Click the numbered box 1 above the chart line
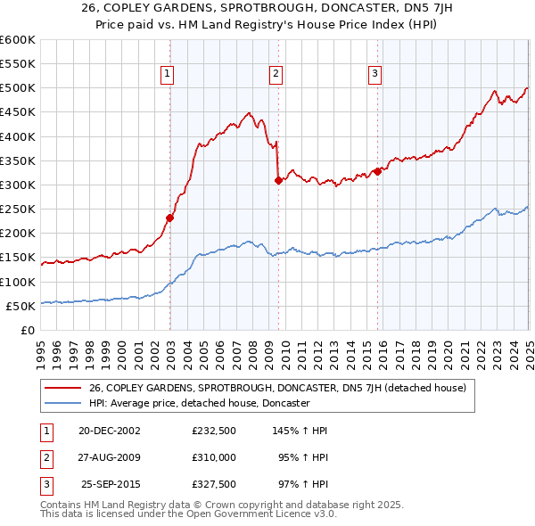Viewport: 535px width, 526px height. (x=169, y=74)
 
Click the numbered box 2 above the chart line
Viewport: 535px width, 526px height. (x=276, y=74)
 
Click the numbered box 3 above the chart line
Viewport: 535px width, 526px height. (x=375, y=74)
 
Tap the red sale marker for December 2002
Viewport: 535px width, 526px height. (x=169, y=218)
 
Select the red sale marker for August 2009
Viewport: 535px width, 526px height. (x=278, y=180)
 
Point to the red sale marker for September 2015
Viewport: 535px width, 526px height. (x=377, y=171)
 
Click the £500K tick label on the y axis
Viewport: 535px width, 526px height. (x=18, y=88)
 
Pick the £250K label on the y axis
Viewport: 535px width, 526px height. (x=18, y=210)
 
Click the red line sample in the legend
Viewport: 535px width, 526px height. (x=62, y=388)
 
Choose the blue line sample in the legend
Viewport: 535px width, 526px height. (x=62, y=403)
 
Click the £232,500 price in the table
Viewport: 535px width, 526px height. (x=213, y=431)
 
